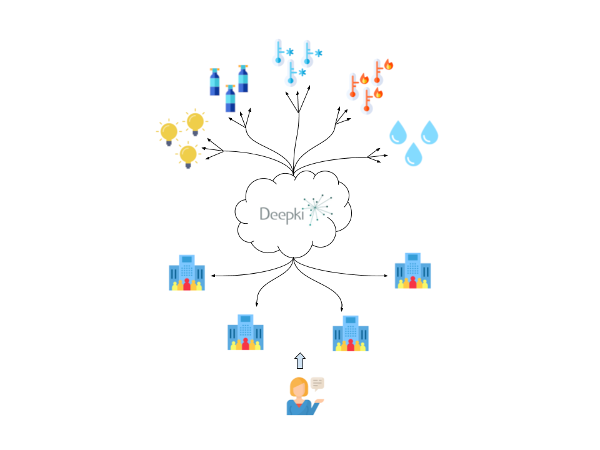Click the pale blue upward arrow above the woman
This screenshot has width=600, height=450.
(x=300, y=361)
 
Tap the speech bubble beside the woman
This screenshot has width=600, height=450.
(x=318, y=383)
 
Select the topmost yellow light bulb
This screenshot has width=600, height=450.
(x=195, y=122)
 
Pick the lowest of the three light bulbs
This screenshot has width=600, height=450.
(x=187, y=155)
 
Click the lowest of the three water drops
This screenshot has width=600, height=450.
(x=413, y=154)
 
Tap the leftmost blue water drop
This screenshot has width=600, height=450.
(x=398, y=132)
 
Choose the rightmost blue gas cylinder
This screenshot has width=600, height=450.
(x=243, y=79)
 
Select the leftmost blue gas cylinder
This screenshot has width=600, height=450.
(x=215, y=82)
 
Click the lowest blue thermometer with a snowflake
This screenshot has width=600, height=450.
(x=291, y=73)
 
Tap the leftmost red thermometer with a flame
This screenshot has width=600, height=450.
(x=354, y=86)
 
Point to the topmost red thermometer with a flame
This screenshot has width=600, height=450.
(x=378, y=71)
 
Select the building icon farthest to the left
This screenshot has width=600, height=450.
(x=187, y=272)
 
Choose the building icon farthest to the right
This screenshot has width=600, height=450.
(x=412, y=271)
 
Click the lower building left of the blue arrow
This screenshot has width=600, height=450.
(x=245, y=333)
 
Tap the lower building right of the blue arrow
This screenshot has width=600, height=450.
(x=350, y=334)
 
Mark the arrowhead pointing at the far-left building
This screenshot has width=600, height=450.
(x=213, y=275)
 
